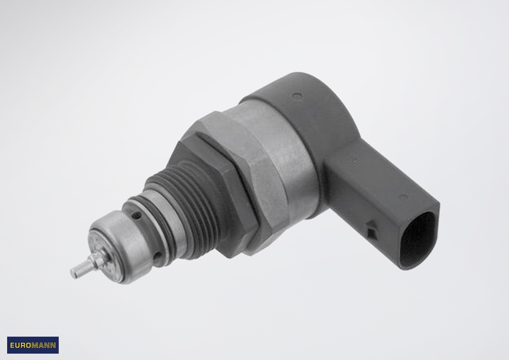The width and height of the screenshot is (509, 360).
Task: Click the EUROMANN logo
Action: tap(33, 345)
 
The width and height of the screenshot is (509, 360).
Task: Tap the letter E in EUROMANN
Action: tap(12, 345)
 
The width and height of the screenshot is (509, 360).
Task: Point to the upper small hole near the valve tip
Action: tap(138, 215)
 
